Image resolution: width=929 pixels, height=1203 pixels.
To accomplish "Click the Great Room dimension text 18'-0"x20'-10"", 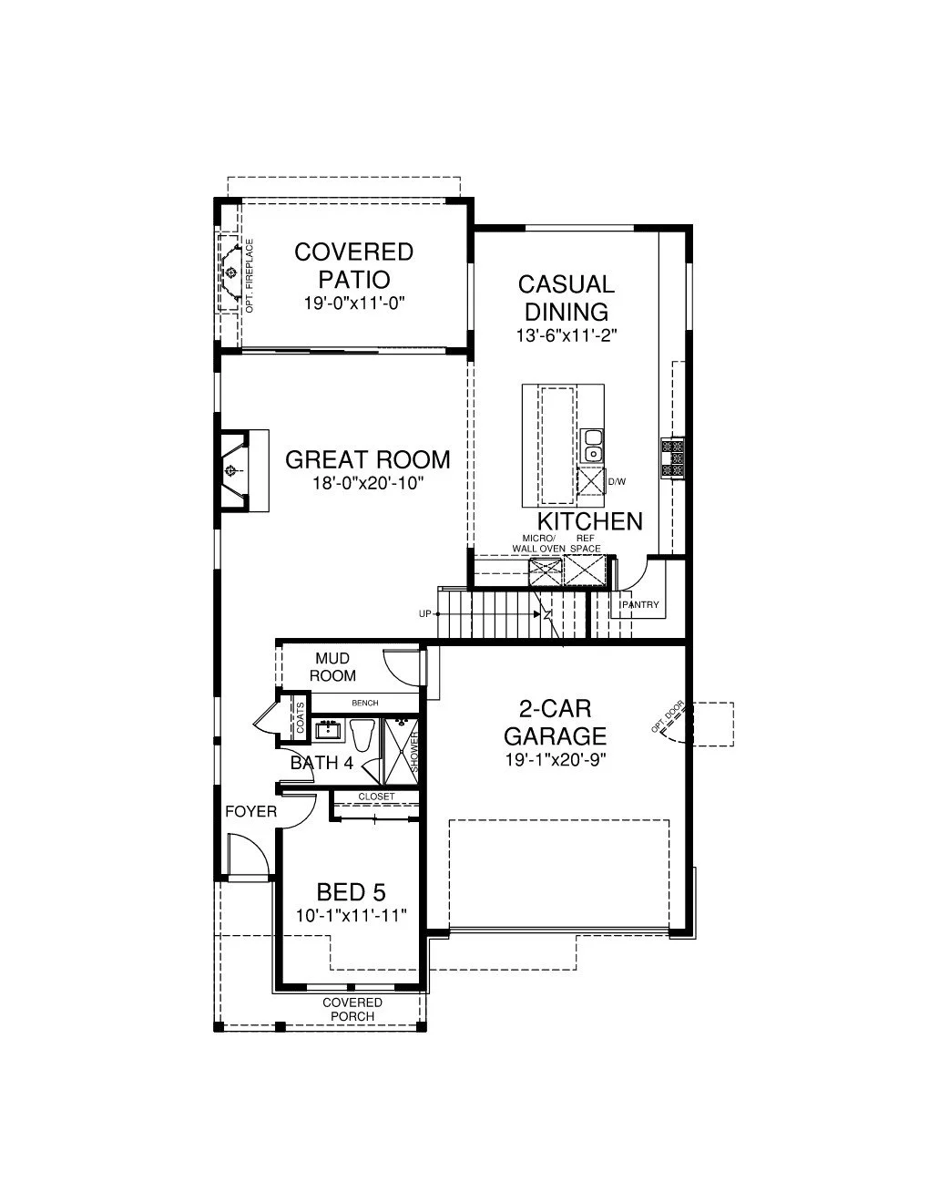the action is pos(368,483).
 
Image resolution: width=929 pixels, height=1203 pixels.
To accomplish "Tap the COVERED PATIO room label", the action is pos(354,266).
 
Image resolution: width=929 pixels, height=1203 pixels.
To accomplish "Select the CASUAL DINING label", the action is pos(567,298).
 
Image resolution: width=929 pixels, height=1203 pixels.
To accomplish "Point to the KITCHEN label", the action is pos(590,521).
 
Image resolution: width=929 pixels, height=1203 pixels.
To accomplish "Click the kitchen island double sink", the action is pos(593,447).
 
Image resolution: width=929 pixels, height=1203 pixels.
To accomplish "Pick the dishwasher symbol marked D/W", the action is pos(589,481).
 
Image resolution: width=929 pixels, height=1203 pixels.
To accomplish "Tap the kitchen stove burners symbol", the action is pos(672,458).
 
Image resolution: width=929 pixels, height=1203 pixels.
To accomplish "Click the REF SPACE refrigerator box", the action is pos(586,571).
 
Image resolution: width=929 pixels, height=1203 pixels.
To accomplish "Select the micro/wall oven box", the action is pos(546,571).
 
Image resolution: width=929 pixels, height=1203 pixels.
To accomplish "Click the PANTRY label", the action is pos(640,605).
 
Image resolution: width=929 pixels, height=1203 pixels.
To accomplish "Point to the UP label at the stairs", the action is pos(425,614).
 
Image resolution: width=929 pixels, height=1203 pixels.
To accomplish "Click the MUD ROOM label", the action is pos(332,666).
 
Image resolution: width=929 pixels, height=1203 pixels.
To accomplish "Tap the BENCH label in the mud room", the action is pos(365,703).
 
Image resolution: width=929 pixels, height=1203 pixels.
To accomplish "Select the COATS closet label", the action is pos(301,717).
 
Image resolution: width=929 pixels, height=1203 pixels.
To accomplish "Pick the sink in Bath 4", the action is pos(329,731).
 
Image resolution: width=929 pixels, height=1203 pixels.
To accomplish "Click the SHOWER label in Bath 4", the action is pos(414,753).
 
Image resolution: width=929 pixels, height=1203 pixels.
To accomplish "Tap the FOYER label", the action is pos(250,812).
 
